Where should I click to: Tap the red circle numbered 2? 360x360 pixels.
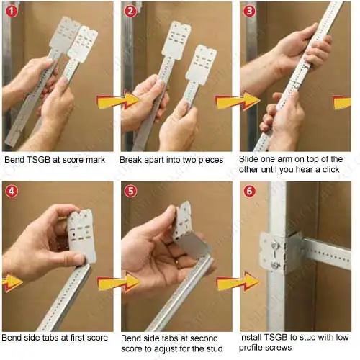coord(130,11)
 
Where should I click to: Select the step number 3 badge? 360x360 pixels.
coord(248,11)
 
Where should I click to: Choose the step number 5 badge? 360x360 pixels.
coord(130,192)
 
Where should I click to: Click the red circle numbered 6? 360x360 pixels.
coord(248,192)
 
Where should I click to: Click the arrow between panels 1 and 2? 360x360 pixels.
coord(110,99)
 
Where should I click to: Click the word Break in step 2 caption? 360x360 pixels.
coord(135,161)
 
